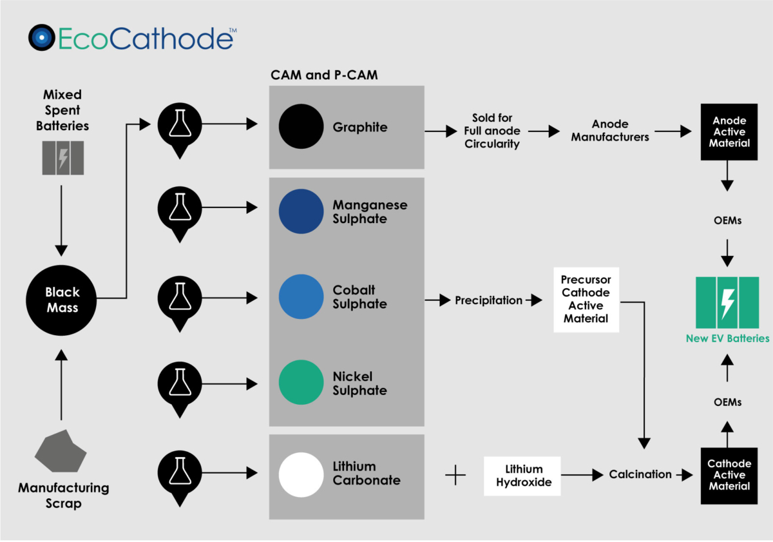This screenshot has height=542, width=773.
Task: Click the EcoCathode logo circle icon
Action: (42, 38)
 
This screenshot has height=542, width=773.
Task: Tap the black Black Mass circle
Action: (61, 300)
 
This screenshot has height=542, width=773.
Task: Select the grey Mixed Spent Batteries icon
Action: (62, 158)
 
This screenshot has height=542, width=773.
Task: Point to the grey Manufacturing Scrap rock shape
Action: (60, 451)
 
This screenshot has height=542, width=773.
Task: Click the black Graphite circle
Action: (301, 126)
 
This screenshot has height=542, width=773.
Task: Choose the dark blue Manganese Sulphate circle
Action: (301, 211)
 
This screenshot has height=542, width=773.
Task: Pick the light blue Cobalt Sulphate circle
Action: (301, 297)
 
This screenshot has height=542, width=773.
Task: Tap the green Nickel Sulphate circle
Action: (301, 382)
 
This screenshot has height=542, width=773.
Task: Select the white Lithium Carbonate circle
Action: (301, 474)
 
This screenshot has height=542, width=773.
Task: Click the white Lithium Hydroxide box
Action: (522, 476)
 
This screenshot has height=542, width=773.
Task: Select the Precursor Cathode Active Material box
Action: (586, 300)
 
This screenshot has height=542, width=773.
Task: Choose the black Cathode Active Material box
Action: (729, 475)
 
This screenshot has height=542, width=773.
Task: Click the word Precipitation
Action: (488, 300)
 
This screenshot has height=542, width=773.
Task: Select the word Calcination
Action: (640, 474)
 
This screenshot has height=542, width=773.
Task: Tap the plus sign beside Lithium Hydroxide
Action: (455, 476)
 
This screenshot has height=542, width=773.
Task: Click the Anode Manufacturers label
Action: (610, 130)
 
